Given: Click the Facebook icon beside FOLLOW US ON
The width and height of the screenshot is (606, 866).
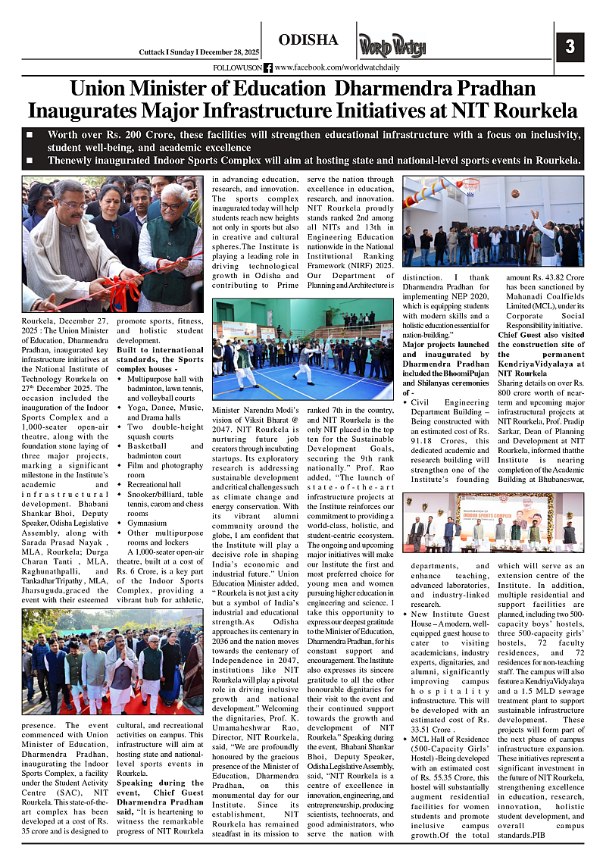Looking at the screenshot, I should [x=267, y=67].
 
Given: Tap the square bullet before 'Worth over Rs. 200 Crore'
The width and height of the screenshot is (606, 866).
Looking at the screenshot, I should [x=30, y=135].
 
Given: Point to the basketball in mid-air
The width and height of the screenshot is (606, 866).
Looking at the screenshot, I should [x=515, y=193].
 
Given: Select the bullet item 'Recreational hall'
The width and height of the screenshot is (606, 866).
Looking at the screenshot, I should [x=155, y=483].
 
